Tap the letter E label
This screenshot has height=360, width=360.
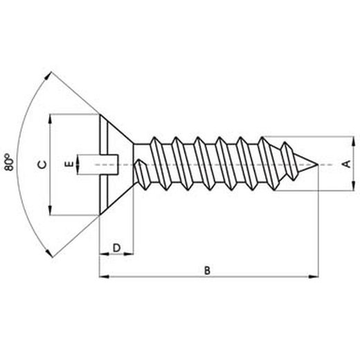(x=68, y=165)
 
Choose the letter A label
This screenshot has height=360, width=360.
(x=346, y=164)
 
